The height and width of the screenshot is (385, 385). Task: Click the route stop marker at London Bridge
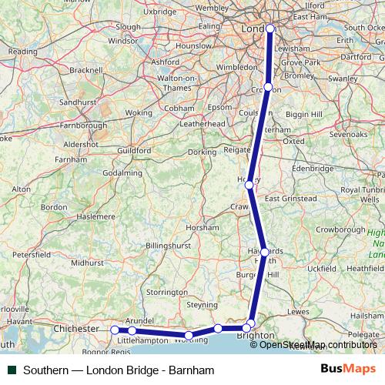tap(269, 28)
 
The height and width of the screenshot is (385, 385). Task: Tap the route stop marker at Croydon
tap(267, 87)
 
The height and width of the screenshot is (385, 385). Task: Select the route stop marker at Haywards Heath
tap(264, 252)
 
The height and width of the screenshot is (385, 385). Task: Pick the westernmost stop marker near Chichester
tap(115, 330)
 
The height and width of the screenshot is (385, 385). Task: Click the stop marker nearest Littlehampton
tap(132, 330)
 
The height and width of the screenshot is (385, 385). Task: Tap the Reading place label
tap(22, 52)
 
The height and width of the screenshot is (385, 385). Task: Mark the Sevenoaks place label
tap(347, 134)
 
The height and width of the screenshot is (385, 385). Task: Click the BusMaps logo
tap(346, 370)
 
